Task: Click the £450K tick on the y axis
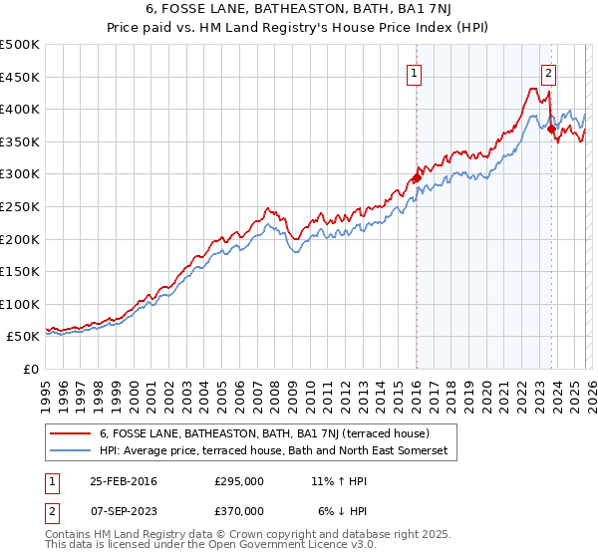[20, 77]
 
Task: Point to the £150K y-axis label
[20, 271]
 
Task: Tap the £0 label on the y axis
[30, 369]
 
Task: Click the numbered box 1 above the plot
[414, 72]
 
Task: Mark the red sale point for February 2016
[417, 178]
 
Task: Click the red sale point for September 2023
[550, 130]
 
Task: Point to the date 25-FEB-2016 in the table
[123, 481]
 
